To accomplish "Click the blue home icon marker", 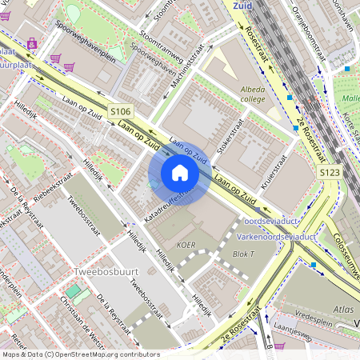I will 180,172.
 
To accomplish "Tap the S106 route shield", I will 120,112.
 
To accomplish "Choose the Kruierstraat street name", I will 274,170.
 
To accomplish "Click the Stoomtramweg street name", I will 161,47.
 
